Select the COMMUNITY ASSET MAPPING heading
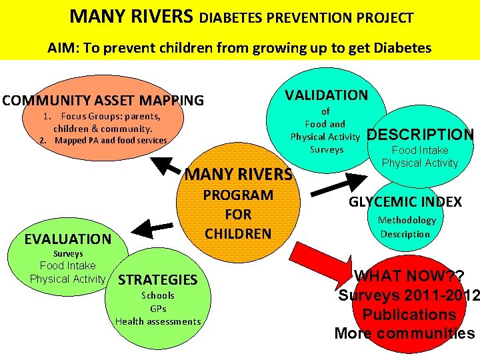103,101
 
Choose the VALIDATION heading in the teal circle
326,95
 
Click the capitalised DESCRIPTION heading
420,135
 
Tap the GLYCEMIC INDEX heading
405,202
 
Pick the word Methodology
407,220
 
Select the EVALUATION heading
67,239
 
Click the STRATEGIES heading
157,280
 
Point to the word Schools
158,295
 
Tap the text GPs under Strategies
158,309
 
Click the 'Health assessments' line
158,321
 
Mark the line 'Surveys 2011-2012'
408,295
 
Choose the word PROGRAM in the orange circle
238,195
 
